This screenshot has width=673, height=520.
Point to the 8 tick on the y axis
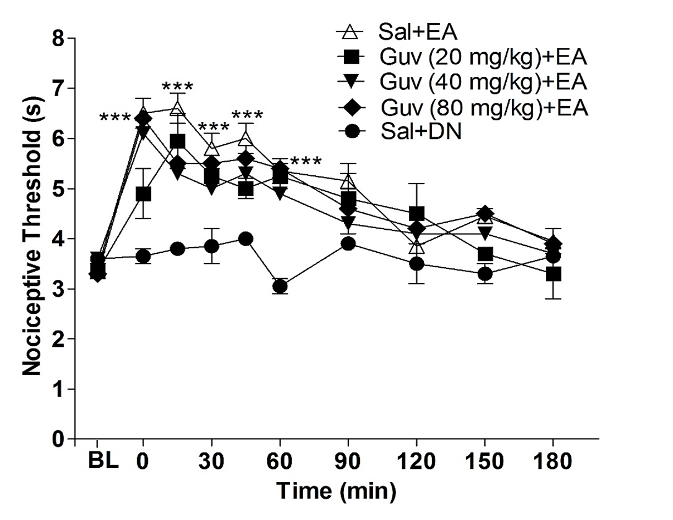pyautogui.click(x=57, y=39)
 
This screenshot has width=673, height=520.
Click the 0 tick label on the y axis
pyautogui.click(x=57, y=439)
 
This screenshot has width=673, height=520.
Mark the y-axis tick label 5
pyautogui.click(x=57, y=189)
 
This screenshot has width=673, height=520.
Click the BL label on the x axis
pyautogui.click(x=103, y=462)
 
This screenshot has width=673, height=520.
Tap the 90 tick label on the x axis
pyautogui.click(x=348, y=462)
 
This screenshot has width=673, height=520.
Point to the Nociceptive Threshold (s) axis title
pyautogui.click(x=32, y=240)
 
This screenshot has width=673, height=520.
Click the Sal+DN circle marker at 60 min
pyautogui.click(x=280, y=286)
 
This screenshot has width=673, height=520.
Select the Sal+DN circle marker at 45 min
pyautogui.click(x=246, y=239)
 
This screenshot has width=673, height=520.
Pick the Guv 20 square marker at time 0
pyautogui.click(x=144, y=194)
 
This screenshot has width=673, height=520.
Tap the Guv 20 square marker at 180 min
pyautogui.click(x=553, y=274)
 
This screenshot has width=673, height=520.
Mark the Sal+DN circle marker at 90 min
pyautogui.click(x=348, y=244)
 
